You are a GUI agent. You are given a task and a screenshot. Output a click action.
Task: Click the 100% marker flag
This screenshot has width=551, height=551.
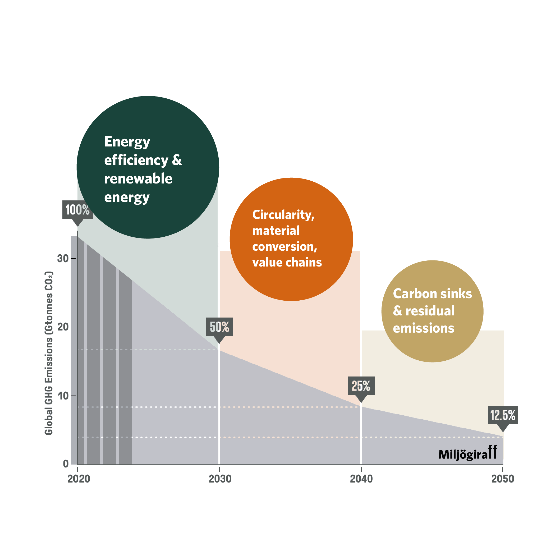[x=77, y=210]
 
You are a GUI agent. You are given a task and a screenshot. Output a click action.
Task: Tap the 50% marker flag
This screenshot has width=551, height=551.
[x=219, y=327]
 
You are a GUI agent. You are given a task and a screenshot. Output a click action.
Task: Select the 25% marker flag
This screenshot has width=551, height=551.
[x=361, y=386]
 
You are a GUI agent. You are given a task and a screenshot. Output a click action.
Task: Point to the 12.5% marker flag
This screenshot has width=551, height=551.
[x=503, y=415]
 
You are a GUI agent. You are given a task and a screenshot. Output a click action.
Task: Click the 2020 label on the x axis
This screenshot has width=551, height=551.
[x=79, y=479]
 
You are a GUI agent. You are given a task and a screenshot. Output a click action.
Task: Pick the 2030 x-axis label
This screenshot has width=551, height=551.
[x=220, y=479]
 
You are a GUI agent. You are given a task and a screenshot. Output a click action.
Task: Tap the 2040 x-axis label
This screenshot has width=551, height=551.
[x=361, y=479]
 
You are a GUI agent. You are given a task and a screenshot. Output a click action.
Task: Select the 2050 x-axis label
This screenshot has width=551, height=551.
[x=502, y=479]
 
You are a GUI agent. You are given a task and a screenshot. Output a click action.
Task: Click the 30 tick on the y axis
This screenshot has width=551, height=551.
[x=63, y=258]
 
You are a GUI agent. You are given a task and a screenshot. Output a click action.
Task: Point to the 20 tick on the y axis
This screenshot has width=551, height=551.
[x=63, y=327]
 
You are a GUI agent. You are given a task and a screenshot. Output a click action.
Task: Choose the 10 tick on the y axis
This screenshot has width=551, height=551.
[x=63, y=396]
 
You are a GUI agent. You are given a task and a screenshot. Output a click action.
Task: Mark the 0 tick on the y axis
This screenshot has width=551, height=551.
[x=66, y=464]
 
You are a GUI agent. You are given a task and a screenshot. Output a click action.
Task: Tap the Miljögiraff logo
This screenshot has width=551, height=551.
[x=468, y=453]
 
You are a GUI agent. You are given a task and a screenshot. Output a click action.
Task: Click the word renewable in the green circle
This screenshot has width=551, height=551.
[x=138, y=179]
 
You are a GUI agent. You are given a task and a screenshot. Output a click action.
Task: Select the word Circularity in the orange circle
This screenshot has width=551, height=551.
[x=283, y=215]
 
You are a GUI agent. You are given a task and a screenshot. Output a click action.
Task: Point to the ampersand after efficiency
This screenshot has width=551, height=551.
[x=177, y=160]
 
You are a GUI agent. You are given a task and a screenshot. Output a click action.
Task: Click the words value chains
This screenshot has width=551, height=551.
[x=287, y=262]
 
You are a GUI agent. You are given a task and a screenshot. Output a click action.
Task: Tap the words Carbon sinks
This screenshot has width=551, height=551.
[x=432, y=294]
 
